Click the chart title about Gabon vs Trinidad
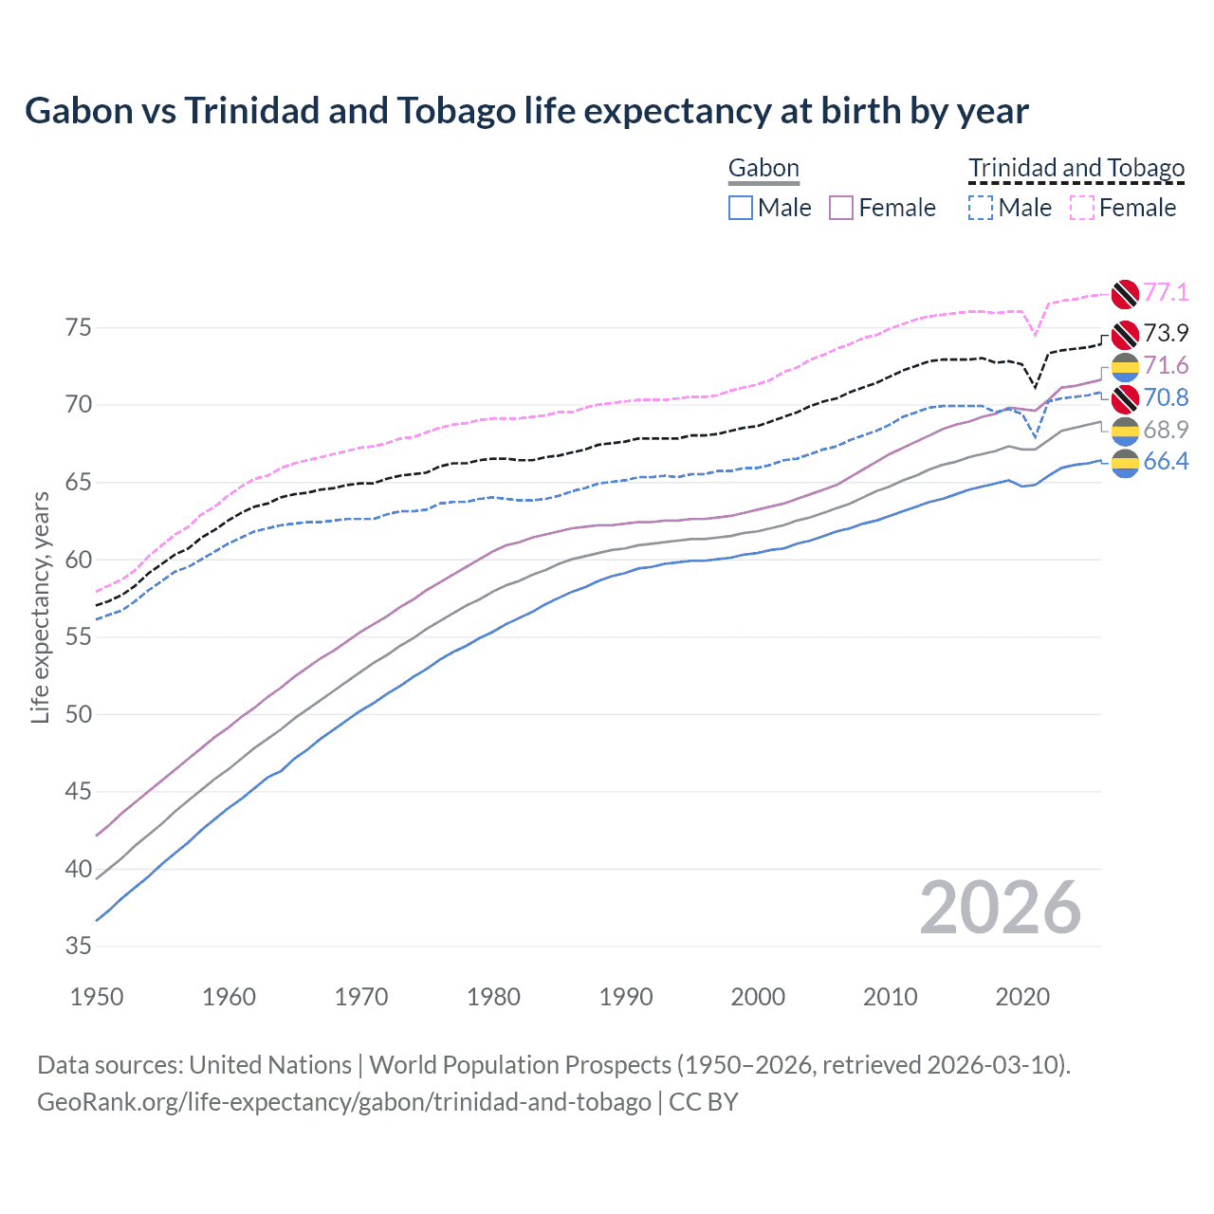(526, 111)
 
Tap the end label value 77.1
(1166, 292)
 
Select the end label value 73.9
(1166, 333)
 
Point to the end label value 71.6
(1166, 365)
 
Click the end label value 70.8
(1166, 397)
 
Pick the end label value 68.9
(1166, 430)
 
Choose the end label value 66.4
(1166, 462)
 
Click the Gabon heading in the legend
(763, 169)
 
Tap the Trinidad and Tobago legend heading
(1076, 169)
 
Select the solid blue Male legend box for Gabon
(741, 208)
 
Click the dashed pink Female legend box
(1082, 208)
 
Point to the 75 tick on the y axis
(79, 328)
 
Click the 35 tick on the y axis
(79, 947)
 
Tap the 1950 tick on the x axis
(97, 997)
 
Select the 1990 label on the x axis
(626, 997)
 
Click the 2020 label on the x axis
(1022, 997)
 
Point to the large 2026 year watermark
(1000, 908)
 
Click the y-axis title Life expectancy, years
(41, 607)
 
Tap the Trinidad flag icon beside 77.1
(1125, 294)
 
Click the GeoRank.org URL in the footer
(343, 1102)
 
